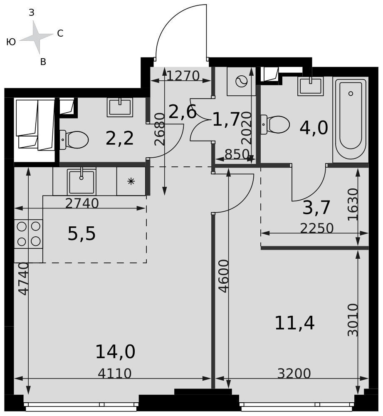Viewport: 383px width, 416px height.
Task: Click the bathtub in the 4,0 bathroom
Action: [351, 120]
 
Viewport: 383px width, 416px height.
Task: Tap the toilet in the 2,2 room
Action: [74, 139]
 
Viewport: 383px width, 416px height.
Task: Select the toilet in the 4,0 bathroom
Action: [275, 124]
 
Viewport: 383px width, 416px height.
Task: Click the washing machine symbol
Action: [241, 81]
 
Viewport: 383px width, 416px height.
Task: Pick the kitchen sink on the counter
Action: [82, 181]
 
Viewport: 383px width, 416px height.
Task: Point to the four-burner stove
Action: [28, 234]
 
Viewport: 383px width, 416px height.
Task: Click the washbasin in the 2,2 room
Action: [120, 107]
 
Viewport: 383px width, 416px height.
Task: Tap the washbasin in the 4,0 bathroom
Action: [311, 86]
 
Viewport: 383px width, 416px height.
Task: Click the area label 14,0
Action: [115, 352]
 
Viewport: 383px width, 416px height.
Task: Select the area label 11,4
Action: [295, 323]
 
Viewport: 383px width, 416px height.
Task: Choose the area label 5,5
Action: [82, 234]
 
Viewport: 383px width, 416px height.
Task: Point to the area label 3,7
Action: [316, 207]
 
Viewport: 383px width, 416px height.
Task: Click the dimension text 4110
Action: [115, 373]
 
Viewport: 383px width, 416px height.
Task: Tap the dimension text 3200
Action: [294, 373]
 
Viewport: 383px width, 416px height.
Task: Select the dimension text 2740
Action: [82, 203]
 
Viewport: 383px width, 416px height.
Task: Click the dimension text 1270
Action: [183, 76]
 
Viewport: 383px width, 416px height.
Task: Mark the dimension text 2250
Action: [317, 228]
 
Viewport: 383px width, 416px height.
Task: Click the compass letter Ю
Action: [11, 42]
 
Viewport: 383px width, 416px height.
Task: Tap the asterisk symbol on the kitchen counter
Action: [131, 181]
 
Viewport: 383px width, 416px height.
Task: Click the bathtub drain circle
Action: [351, 93]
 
